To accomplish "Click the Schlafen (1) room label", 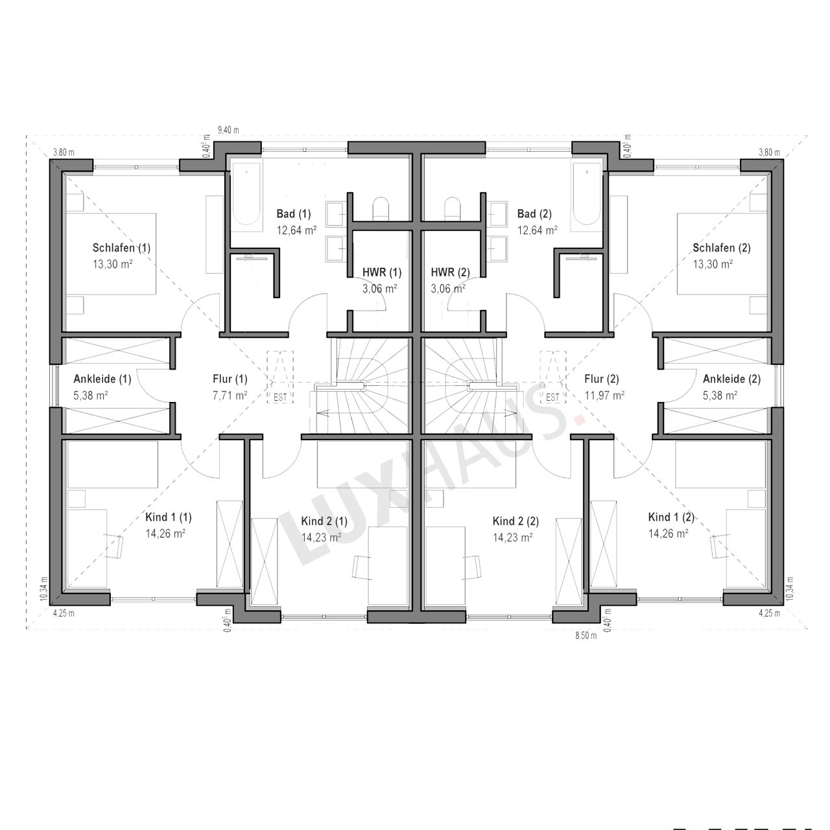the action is [121, 248].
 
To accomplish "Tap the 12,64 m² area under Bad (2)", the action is [537, 230].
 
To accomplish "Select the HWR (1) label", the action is [382, 272].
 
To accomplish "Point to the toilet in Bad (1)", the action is [381, 208].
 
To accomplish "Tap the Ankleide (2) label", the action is [732, 379].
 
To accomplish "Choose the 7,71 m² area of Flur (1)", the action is [230, 396].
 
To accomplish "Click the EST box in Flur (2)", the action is [552, 377].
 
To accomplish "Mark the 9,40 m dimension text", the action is [228, 130].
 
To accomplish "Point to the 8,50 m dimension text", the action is [586, 635].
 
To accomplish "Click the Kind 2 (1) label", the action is [324, 521].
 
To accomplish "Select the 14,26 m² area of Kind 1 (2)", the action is [668, 533].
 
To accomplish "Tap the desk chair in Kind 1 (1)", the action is [113, 546].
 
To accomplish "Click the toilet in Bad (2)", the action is [452, 208].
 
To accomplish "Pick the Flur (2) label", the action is [601, 379].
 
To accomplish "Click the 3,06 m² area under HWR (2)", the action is [448, 289].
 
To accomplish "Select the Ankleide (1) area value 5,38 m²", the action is [90, 396].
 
